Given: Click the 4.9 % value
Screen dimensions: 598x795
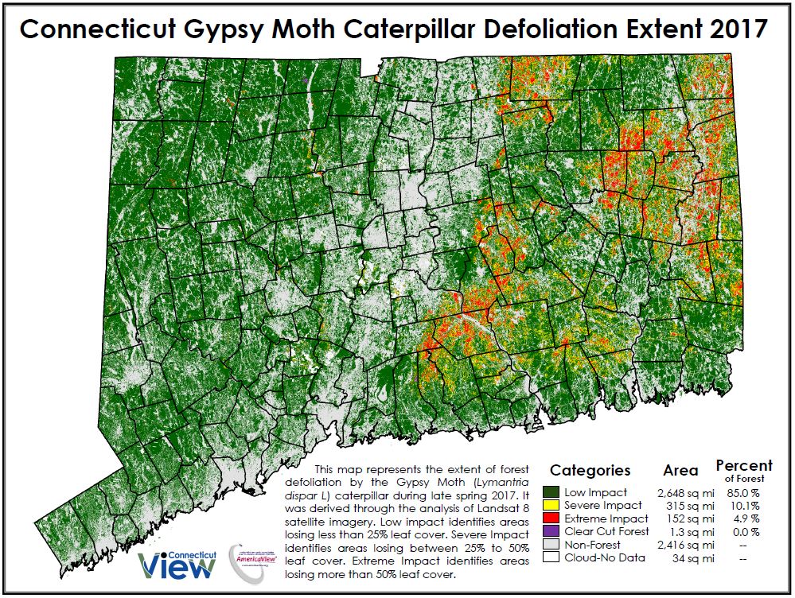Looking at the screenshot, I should (745, 518).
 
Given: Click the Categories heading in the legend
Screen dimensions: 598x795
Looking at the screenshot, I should (590, 470).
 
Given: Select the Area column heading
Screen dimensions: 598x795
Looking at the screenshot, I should (680, 471).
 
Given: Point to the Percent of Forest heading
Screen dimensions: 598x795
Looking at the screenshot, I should (743, 469).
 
